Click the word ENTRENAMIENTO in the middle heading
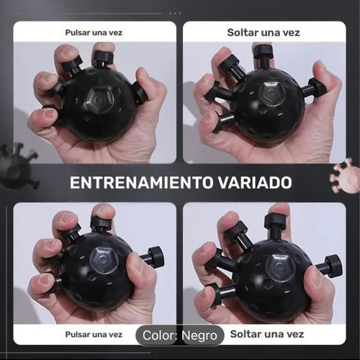(x=142, y=183)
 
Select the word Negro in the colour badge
(x=199, y=336)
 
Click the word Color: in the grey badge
(x=160, y=336)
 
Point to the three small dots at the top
(x=175, y=14)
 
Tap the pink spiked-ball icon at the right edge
(x=346, y=176)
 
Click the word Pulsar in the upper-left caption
(x=77, y=32)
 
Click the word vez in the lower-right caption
(x=295, y=334)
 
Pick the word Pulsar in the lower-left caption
(x=77, y=334)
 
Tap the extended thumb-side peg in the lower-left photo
(x=153, y=256)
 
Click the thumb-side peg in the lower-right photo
(x=329, y=266)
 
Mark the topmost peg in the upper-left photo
(x=103, y=58)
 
